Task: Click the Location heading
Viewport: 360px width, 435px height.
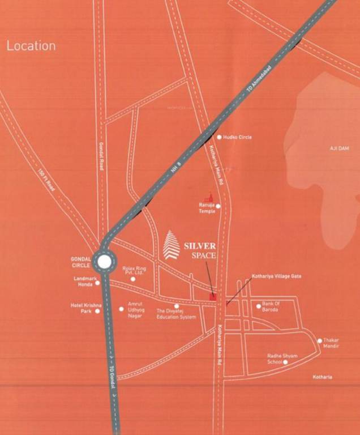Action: (x=31, y=46)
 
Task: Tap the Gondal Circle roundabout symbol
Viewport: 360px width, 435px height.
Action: (x=104, y=262)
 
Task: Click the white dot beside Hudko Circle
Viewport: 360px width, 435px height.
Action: (x=219, y=137)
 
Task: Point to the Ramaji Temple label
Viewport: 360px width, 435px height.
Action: (x=207, y=208)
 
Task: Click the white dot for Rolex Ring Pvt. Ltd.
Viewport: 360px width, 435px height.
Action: (x=133, y=279)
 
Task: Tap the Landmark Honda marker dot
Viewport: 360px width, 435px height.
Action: (x=97, y=282)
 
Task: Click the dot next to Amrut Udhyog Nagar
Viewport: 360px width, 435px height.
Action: (x=121, y=309)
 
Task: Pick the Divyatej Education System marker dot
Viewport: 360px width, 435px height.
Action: (x=177, y=306)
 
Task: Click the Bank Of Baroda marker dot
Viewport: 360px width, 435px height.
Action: (x=259, y=306)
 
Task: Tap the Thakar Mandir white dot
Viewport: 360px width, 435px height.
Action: (x=320, y=341)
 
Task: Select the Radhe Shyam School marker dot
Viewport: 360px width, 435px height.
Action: (x=285, y=362)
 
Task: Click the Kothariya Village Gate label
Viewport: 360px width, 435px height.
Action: (x=277, y=276)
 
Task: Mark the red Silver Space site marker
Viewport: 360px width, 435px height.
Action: (x=213, y=296)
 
